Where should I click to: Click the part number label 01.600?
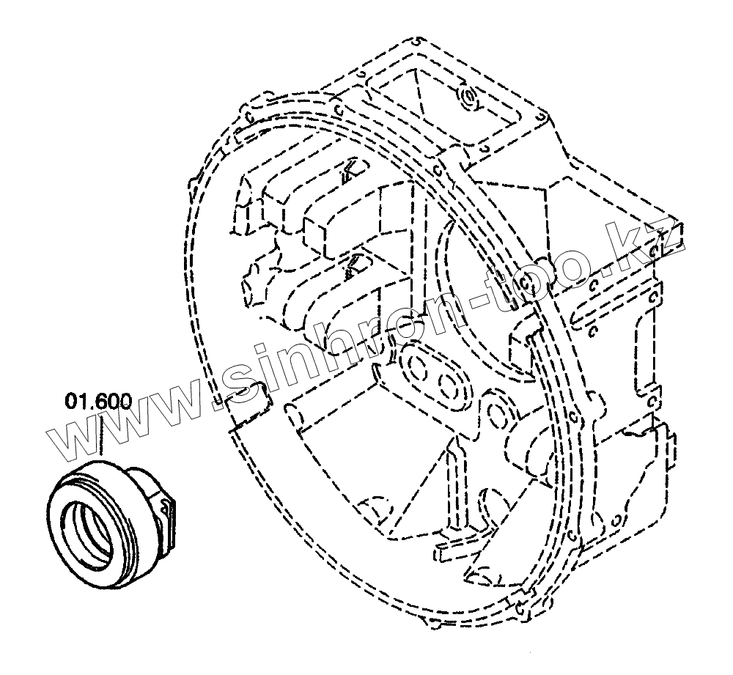[97, 402]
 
